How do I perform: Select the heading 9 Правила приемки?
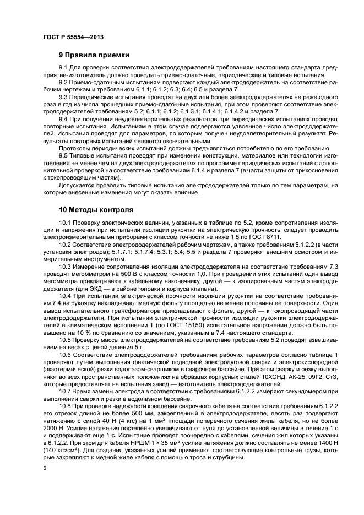click(94, 56)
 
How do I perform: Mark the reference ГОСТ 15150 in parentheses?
click(201, 326)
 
